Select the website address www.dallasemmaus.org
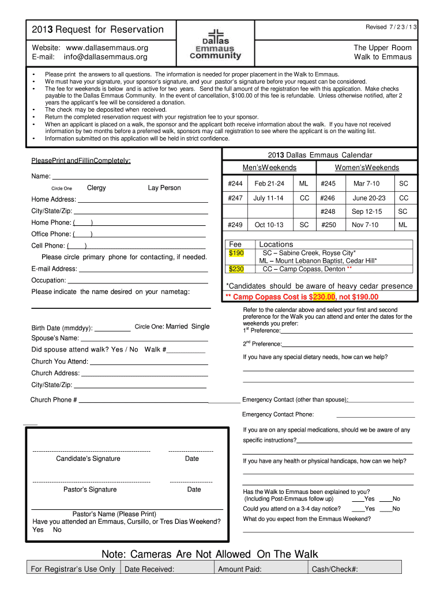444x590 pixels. pos(107,47)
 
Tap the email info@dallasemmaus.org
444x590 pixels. pos(106,57)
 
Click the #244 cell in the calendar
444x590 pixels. pos(235,183)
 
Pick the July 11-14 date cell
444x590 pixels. pos(268,198)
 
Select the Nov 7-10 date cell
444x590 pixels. pos(366,225)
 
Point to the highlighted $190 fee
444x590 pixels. pos(236,253)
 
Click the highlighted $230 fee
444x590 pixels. pos(236,268)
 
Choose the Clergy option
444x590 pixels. pos(96,188)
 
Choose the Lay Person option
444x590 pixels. pos(164,188)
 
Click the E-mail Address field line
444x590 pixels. pos(143,270)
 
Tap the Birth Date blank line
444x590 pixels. pos(112,331)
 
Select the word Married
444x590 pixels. pos(176,327)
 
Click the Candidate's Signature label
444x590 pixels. pos(88,459)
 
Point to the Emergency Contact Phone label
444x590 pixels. pos(278,414)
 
